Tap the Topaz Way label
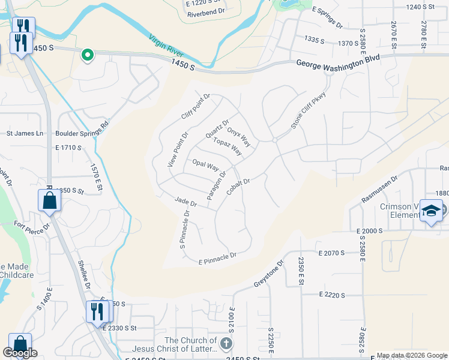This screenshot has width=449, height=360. (227, 146)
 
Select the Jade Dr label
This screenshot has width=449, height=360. (185, 202)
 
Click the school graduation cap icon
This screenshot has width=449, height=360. (430, 211)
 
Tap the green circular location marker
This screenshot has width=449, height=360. (88, 56)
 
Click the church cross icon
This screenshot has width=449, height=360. (226, 344)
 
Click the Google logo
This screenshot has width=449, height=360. (20, 353)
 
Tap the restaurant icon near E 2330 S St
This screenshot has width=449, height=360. (95, 311)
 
